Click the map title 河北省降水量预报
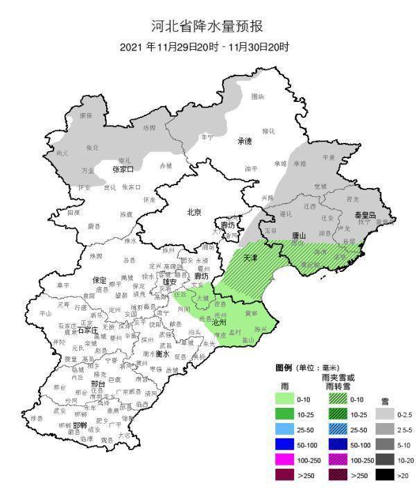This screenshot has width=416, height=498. pos(208,27)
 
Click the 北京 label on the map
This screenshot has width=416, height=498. pos(194,212)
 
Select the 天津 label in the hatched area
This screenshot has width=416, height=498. pos(250,257)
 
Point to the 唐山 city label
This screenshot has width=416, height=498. pos(299,235)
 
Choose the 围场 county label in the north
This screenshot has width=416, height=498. pos(257,96)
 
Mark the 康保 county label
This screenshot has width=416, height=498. pos(86,115)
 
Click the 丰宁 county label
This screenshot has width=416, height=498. pos(207,137)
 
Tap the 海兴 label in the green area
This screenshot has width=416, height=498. pos(261,328)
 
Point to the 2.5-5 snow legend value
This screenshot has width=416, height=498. pos(405,429)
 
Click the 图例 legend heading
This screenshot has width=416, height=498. pos(283,368)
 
